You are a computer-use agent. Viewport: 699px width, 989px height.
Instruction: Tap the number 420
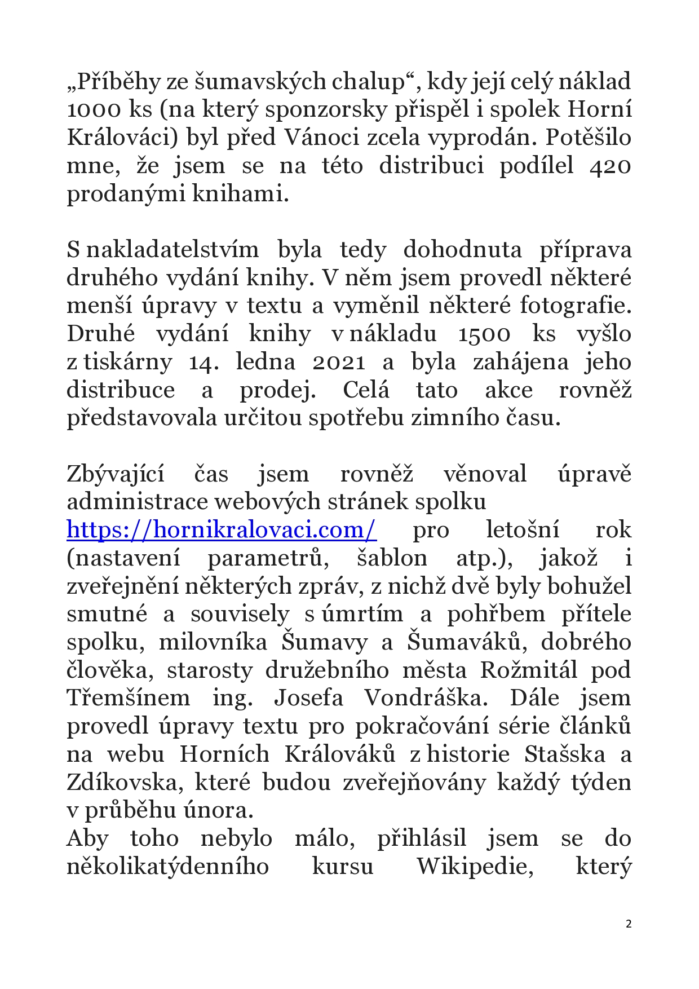(x=610, y=166)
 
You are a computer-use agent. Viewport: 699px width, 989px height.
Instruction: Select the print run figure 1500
(x=484, y=334)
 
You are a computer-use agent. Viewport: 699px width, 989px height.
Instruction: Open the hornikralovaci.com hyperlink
(x=222, y=530)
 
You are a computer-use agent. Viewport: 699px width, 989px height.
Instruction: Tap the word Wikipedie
(x=475, y=866)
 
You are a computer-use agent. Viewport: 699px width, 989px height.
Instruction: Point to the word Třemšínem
(x=129, y=698)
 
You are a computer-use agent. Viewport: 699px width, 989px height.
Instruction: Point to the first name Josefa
(x=308, y=698)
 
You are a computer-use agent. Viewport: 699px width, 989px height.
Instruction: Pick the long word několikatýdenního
(x=168, y=866)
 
